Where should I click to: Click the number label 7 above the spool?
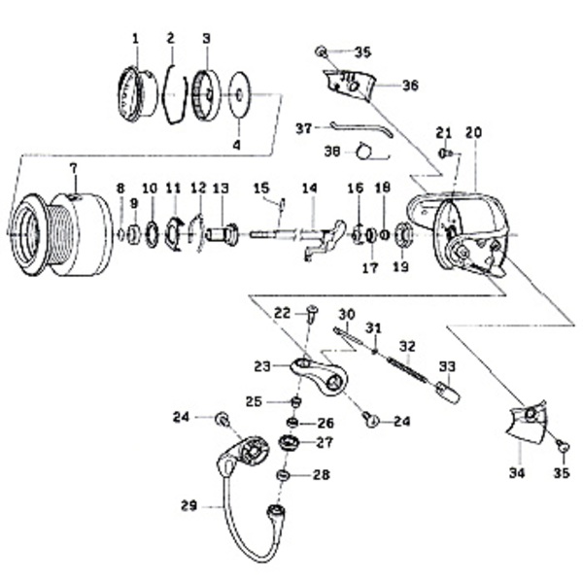click(x=72, y=168)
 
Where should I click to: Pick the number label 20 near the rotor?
click(x=473, y=132)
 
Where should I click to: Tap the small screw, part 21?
click(x=443, y=153)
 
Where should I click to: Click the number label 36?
click(x=410, y=86)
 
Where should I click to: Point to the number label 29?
click(x=189, y=504)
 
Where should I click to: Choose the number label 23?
click(x=261, y=366)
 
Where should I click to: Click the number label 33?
click(x=447, y=366)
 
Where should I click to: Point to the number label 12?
click(x=197, y=187)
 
